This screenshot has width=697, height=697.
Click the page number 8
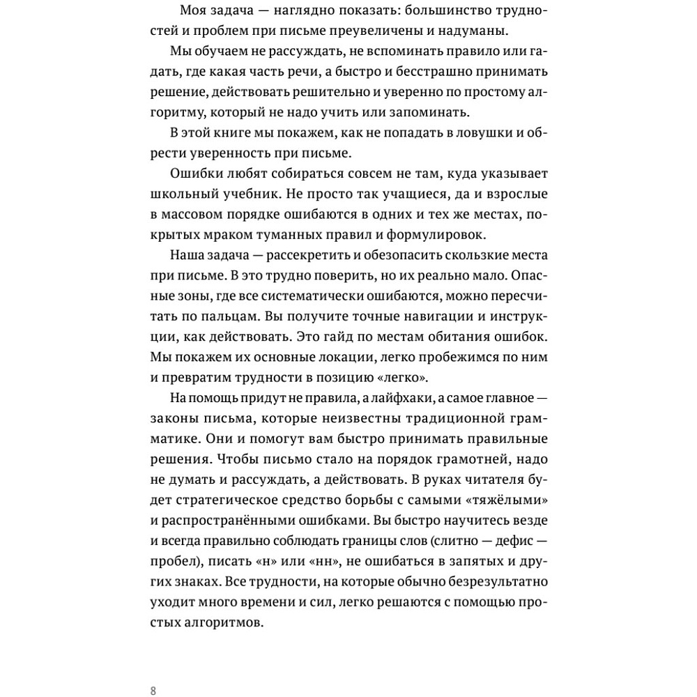pyautogui.click(x=153, y=691)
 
